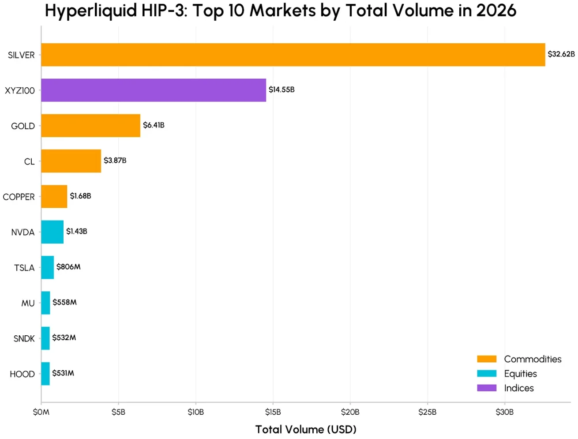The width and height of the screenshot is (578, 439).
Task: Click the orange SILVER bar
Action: (x=293, y=55)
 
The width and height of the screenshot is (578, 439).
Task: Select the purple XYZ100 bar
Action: (x=154, y=90)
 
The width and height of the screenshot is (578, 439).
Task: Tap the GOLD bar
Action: (x=90, y=125)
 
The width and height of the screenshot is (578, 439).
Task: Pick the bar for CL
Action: (x=71, y=161)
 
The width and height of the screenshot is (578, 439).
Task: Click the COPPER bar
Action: (x=54, y=196)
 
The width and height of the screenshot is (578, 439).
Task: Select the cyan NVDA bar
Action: (x=52, y=232)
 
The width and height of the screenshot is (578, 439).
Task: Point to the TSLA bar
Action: (x=47, y=267)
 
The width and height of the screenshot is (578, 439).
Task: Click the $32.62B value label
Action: (x=561, y=54)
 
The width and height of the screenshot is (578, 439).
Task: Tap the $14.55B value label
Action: (x=281, y=90)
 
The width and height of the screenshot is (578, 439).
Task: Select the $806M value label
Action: (x=68, y=266)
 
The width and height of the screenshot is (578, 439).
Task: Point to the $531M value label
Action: (x=63, y=373)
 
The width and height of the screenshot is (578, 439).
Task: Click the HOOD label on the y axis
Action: (x=22, y=374)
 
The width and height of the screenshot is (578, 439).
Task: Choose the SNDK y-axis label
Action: (x=24, y=338)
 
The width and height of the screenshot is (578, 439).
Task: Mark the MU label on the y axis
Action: (x=28, y=303)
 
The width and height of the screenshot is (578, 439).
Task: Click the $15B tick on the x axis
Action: (x=273, y=412)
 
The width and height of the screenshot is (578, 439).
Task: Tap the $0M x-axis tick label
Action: (x=41, y=412)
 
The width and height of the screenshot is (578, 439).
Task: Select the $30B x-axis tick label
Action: (x=504, y=412)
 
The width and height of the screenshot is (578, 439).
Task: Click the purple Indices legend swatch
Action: (x=487, y=388)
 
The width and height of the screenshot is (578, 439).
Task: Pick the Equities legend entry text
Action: (x=520, y=374)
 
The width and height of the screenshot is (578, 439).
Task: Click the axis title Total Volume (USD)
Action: (x=306, y=429)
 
